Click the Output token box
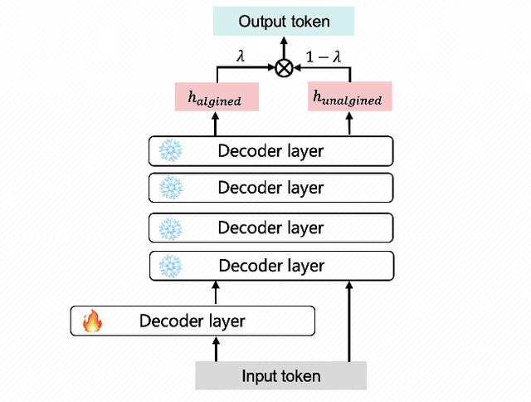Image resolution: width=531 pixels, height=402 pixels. coord(283,21)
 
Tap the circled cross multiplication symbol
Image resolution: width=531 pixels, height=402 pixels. coord(284,69)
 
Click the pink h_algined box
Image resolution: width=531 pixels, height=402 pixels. coord(217,98)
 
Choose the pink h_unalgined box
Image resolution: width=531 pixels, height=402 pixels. coord(349,98)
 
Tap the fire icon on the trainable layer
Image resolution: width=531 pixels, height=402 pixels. coord(90,321)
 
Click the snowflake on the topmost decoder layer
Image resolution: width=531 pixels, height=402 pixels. coord(170,151)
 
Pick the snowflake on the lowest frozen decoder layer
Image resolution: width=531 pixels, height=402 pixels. coord(170,266)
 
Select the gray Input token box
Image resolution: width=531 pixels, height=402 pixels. coord(280,375)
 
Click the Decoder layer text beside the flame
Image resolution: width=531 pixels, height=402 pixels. coord(192,321)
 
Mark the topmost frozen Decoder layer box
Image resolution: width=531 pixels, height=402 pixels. coord(270,151)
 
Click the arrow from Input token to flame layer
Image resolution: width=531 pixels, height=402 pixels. coord(217,349)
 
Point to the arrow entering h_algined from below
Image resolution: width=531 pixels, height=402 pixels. coord(217,124)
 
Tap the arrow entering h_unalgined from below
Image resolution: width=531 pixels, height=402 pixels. coord(349,124)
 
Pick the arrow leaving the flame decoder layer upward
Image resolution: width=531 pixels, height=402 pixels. coord(217,292)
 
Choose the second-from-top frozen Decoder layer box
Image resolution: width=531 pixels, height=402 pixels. coord(270,188)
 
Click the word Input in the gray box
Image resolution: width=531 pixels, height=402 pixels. coord(258,376)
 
